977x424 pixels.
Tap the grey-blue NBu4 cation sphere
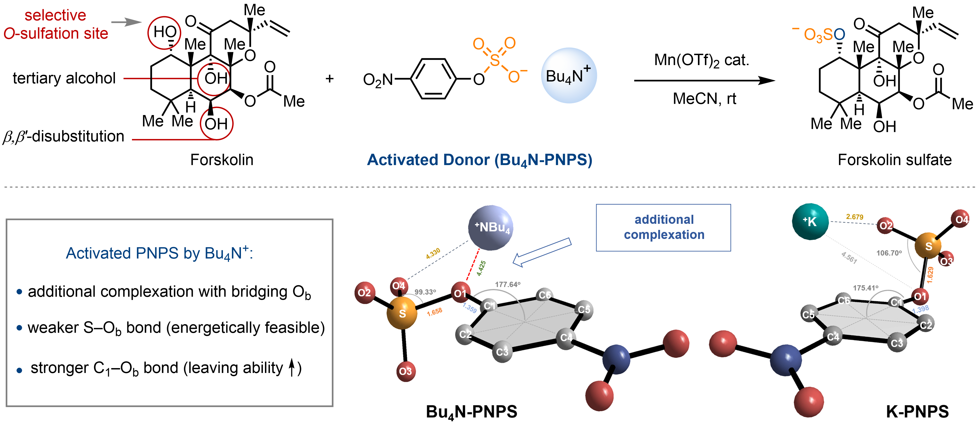pos(491,228)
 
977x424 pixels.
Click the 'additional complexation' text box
pos(663,227)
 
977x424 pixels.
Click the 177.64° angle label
pos(508,284)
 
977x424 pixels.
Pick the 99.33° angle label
pos(425,292)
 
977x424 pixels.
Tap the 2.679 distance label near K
pos(855,217)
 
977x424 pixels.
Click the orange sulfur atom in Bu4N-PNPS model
pos(402,313)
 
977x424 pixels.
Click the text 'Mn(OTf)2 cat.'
pos(702,60)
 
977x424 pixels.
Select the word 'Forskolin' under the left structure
pos(221,160)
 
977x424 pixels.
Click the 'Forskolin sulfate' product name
pos(894,160)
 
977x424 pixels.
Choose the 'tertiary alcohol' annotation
pos(64,78)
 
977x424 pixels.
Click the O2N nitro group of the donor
pos(378,80)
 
